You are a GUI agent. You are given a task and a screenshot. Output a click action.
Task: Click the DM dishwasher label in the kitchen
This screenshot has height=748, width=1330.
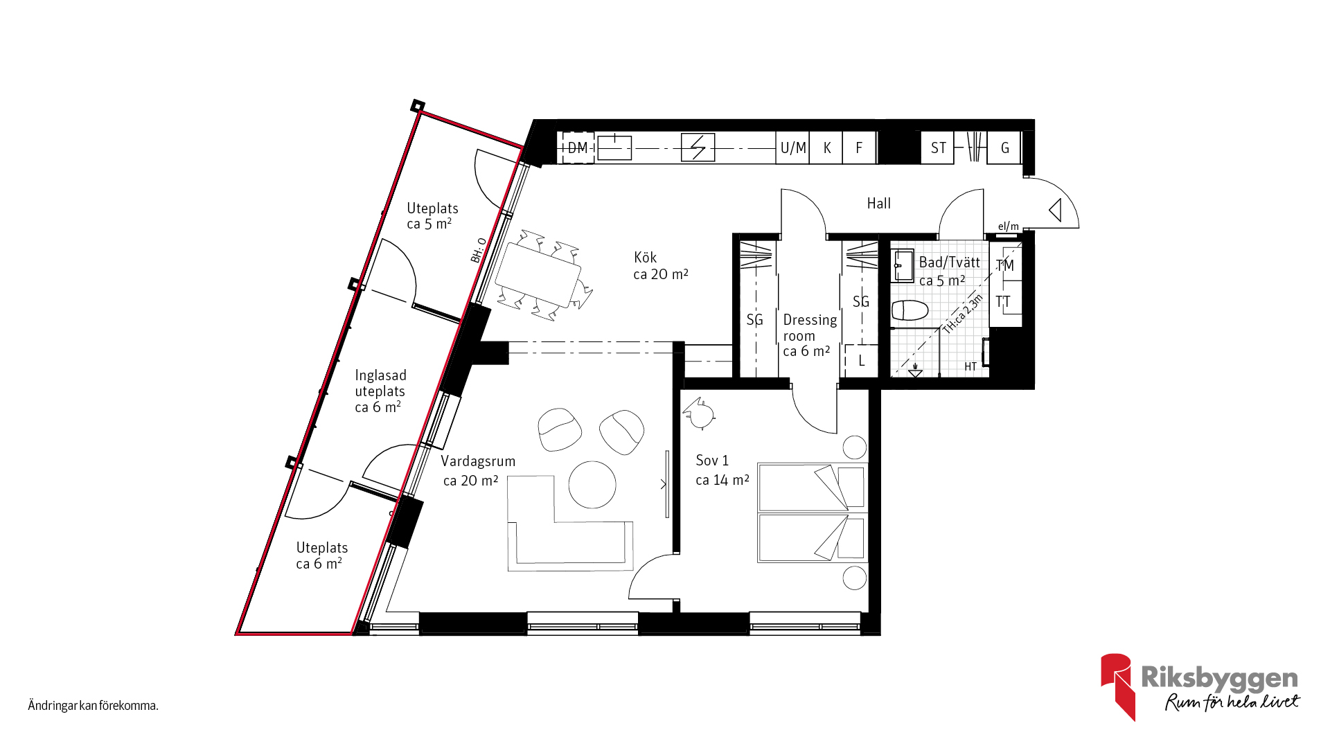(x=578, y=148)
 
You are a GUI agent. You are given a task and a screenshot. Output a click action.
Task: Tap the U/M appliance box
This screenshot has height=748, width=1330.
(x=793, y=148)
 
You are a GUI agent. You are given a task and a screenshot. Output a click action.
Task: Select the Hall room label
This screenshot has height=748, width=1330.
(x=879, y=203)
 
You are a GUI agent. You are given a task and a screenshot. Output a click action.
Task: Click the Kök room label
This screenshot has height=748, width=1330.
(x=645, y=257)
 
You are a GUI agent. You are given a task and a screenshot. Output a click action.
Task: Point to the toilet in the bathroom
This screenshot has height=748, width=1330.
(x=910, y=310)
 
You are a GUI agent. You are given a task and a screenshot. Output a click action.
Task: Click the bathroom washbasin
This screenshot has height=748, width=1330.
(x=903, y=265)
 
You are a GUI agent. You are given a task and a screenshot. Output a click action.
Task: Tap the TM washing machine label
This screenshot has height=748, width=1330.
(x=1004, y=265)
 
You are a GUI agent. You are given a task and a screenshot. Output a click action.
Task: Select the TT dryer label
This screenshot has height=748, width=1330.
(x=1003, y=301)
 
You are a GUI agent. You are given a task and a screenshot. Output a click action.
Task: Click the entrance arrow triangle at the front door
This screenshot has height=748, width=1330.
(x=1056, y=210)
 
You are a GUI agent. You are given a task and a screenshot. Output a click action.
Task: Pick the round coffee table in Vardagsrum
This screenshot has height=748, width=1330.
(x=592, y=485)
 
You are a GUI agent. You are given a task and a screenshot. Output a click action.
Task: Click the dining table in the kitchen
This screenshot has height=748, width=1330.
(x=538, y=275)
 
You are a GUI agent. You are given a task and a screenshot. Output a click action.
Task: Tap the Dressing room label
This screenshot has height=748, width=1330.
(x=810, y=335)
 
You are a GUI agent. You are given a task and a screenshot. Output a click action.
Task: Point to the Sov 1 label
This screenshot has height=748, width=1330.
(x=712, y=461)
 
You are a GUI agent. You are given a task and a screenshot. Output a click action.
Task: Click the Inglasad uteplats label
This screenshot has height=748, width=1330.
(x=380, y=391)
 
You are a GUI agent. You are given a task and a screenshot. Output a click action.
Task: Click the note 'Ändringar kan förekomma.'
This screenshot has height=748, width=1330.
(x=94, y=706)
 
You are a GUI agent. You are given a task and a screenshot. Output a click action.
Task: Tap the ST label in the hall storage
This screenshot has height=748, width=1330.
(x=939, y=148)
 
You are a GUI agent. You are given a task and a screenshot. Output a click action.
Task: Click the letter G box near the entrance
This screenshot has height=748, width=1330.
(x=1005, y=148)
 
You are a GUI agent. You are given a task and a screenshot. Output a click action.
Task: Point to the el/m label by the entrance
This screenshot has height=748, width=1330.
(x=1009, y=226)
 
